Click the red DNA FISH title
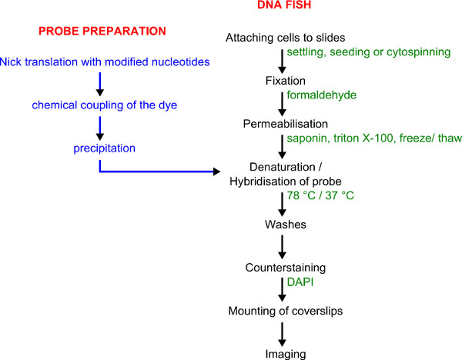click(284, 5)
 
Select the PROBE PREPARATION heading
click(102, 32)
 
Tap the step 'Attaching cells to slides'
click(285, 38)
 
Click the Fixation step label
click(285, 81)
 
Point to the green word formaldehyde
click(321, 95)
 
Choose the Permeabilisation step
click(285, 124)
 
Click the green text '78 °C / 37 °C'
click(320, 195)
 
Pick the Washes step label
click(285, 225)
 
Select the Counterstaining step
click(285, 268)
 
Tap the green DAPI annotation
click(300, 282)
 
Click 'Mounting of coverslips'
click(285, 311)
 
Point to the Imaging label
click(285, 354)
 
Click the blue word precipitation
click(104, 148)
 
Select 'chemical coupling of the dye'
click(104, 105)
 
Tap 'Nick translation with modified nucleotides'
click(105, 62)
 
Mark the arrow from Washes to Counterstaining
click(282, 247)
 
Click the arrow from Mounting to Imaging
click(282, 335)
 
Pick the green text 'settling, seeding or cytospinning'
click(369, 52)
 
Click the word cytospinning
click(419, 52)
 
